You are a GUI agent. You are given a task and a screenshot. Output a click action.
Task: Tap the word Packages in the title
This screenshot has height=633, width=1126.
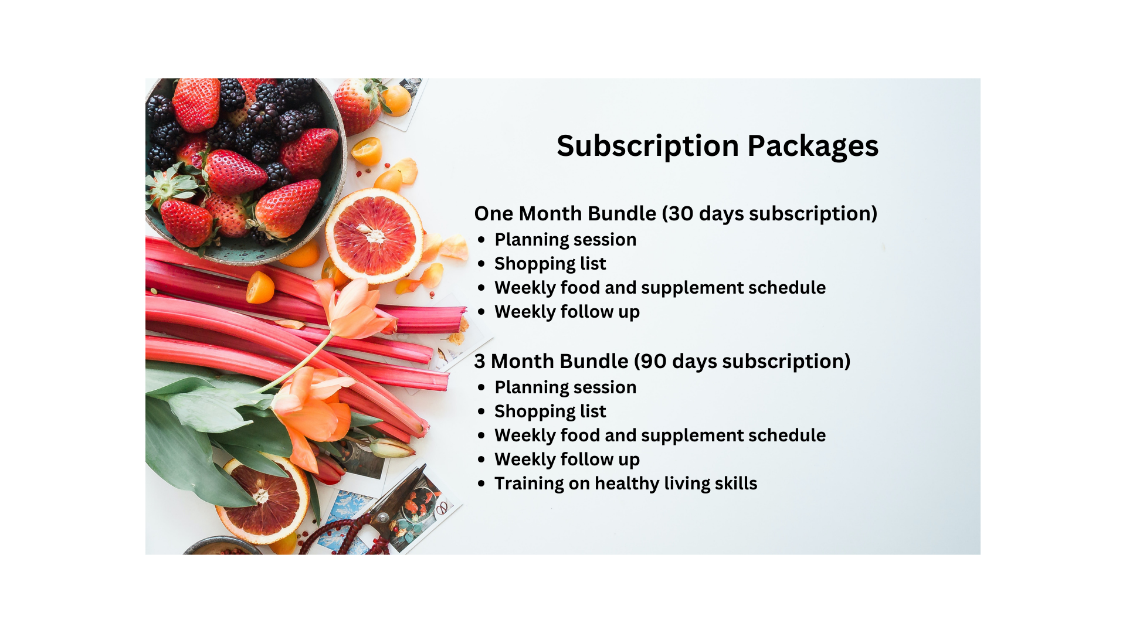coord(813,147)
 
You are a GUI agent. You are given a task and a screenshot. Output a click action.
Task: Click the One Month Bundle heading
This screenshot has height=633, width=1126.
coord(676,213)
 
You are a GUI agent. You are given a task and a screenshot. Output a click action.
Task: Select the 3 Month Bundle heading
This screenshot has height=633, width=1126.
coord(662,361)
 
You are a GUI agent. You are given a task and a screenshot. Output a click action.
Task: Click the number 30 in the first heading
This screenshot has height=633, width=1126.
coord(681,213)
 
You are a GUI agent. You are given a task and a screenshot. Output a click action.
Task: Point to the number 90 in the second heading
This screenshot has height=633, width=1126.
coord(654,361)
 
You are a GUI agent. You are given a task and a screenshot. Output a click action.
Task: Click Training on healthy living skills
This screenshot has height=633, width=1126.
coord(626,484)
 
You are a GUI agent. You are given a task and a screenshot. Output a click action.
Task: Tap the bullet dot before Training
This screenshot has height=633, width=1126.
coord(481,484)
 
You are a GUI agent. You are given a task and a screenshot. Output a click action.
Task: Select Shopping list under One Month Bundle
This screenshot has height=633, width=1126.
coord(550,264)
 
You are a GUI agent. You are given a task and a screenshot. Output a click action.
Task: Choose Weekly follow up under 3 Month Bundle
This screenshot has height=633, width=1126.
coord(567,460)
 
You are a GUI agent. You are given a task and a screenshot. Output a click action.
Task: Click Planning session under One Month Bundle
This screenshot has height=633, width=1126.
coord(565,240)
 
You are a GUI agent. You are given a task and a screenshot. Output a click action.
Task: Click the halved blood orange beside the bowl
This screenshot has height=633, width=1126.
coord(374,235)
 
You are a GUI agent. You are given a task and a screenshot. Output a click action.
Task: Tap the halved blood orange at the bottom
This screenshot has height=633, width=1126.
coord(263,499)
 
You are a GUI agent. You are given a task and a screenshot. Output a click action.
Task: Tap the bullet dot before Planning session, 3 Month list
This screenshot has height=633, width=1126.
coord(481,387)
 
